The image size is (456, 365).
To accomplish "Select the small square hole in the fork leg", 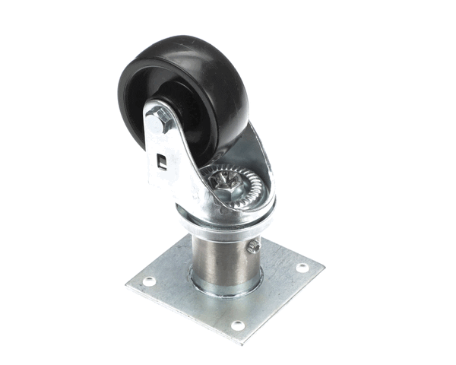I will [x=162, y=160].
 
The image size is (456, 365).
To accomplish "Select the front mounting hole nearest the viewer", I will [x=238, y=325].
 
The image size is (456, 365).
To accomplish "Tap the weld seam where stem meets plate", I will [x=224, y=290].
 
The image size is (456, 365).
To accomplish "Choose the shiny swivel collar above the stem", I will [x=228, y=221].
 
